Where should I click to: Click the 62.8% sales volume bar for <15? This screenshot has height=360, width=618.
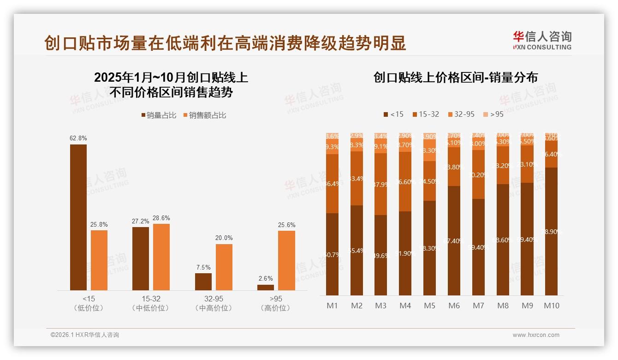(x=78, y=217)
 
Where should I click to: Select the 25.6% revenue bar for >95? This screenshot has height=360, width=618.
(x=286, y=260)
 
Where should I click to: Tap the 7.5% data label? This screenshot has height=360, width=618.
(x=203, y=267)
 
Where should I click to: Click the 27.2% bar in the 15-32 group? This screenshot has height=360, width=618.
(x=141, y=258)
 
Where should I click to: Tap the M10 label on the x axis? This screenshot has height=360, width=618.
(x=551, y=306)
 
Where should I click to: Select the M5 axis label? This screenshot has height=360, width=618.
(x=429, y=306)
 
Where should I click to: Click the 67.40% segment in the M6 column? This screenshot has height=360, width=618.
(x=454, y=240)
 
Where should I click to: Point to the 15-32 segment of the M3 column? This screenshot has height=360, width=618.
(x=380, y=184)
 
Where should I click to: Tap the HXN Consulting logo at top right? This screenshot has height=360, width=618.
(x=542, y=40)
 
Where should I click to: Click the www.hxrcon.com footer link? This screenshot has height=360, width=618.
(x=536, y=335)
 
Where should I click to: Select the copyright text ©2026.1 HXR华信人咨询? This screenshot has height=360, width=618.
(x=84, y=335)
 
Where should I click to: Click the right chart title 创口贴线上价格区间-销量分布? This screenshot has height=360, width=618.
(x=455, y=78)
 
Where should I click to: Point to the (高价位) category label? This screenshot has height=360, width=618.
(x=275, y=308)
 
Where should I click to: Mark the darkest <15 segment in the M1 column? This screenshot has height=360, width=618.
(x=332, y=254)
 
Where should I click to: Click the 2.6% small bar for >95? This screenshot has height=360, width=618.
(x=266, y=288)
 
